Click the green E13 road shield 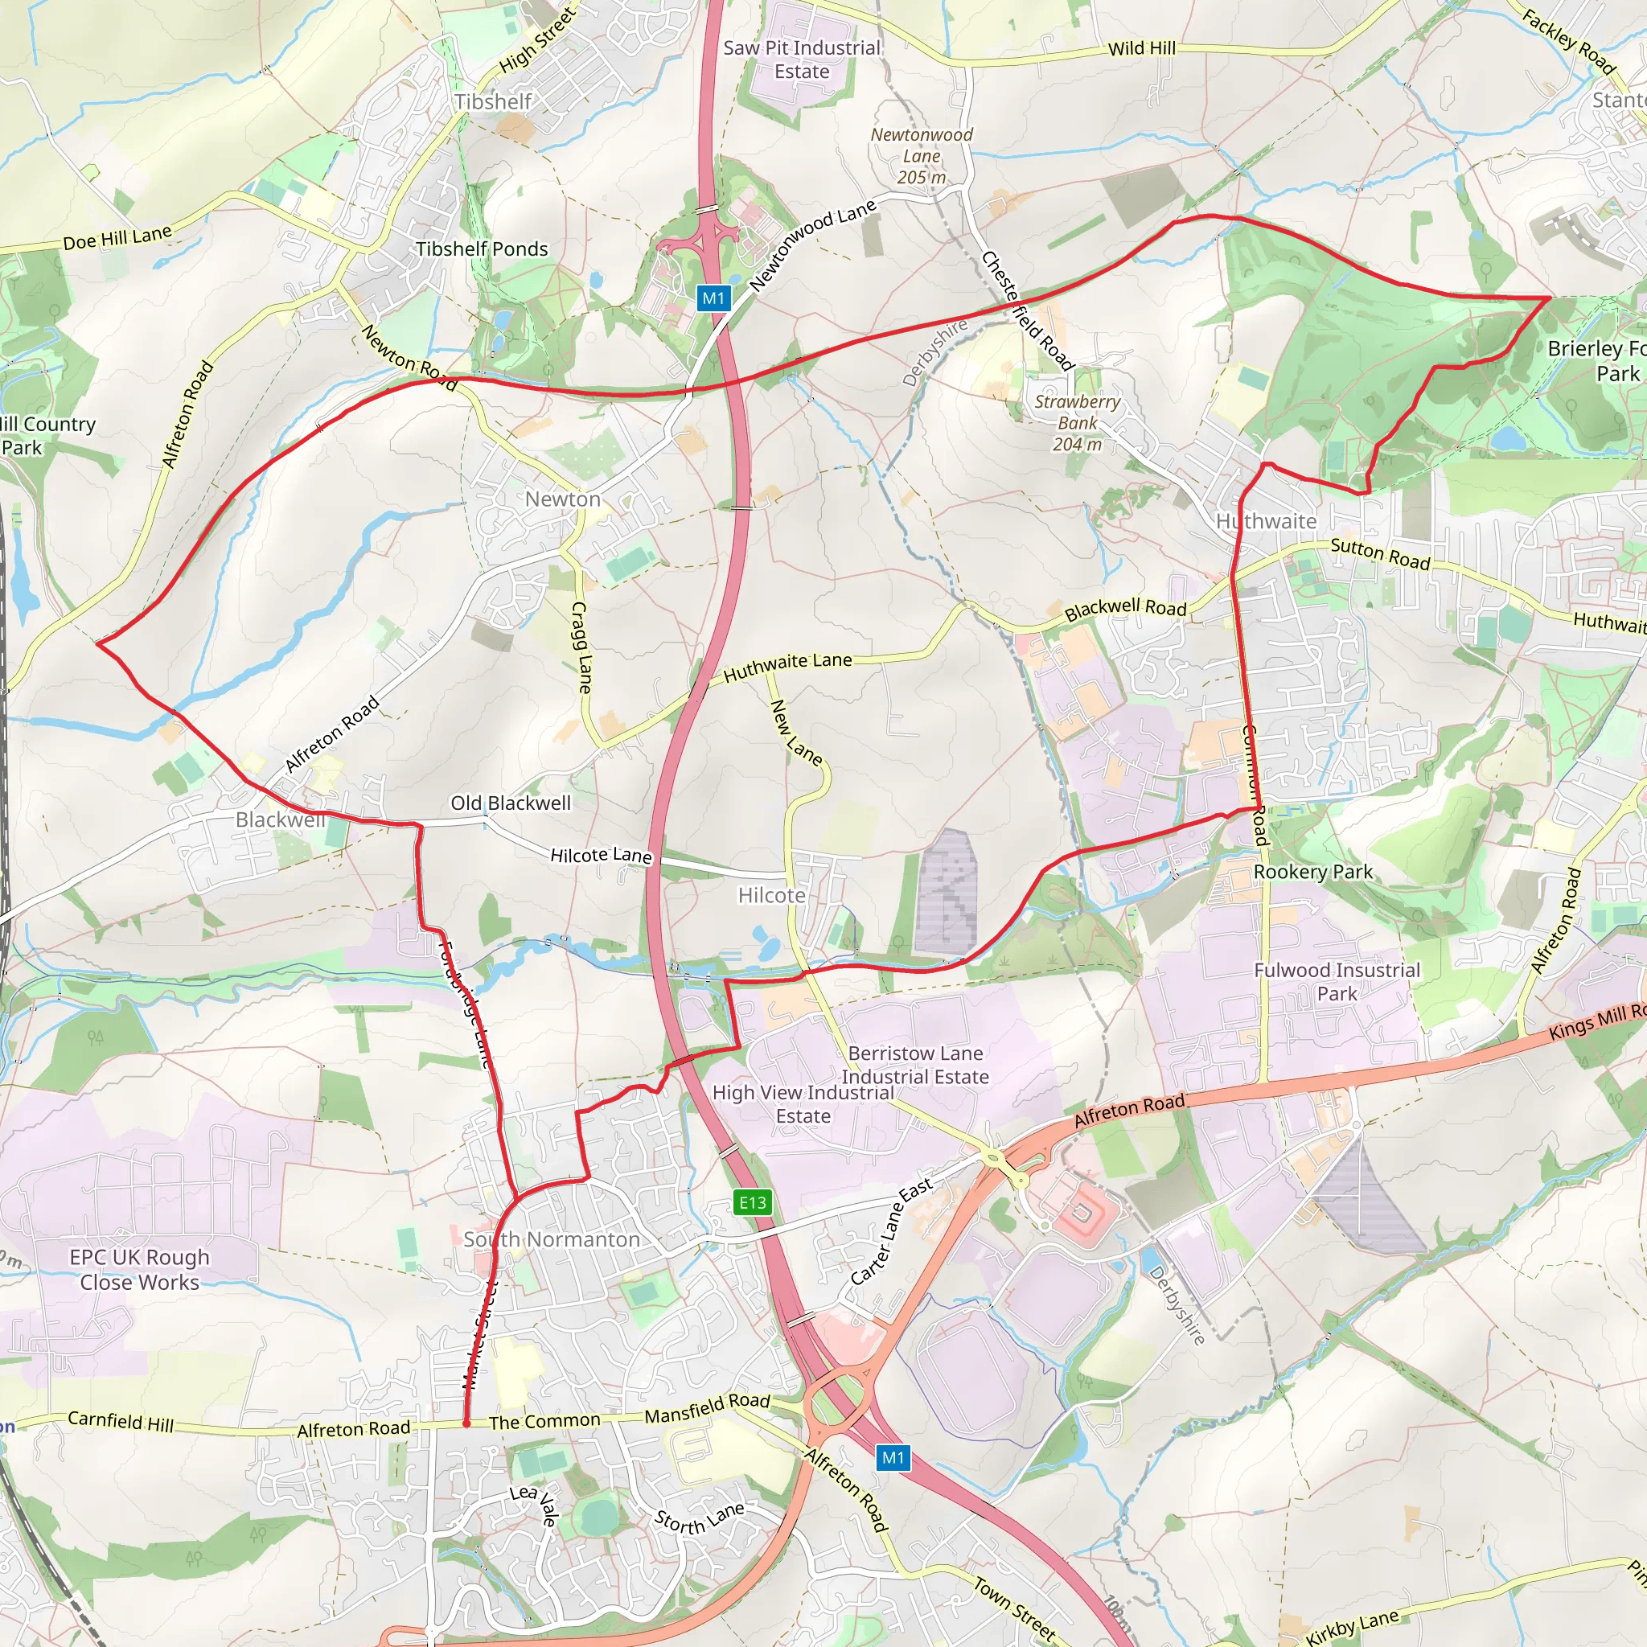tap(752, 1203)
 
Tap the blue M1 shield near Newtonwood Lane tap(713, 298)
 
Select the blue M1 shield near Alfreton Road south tap(893, 1458)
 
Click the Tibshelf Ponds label tap(482, 249)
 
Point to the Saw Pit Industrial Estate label tap(801, 60)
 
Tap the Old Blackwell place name tap(511, 803)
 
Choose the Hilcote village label tap(771, 895)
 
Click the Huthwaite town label tap(1266, 521)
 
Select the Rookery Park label tap(1312, 872)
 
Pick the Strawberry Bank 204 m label tap(1078, 423)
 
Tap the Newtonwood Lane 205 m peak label tap(922, 156)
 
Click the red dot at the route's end tap(466, 1423)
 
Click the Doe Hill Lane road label tap(117, 238)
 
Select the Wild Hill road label tap(1141, 48)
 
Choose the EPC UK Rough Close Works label tap(140, 1269)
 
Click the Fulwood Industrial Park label tap(1337, 981)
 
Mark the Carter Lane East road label tap(892, 1231)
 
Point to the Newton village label tap(563, 499)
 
